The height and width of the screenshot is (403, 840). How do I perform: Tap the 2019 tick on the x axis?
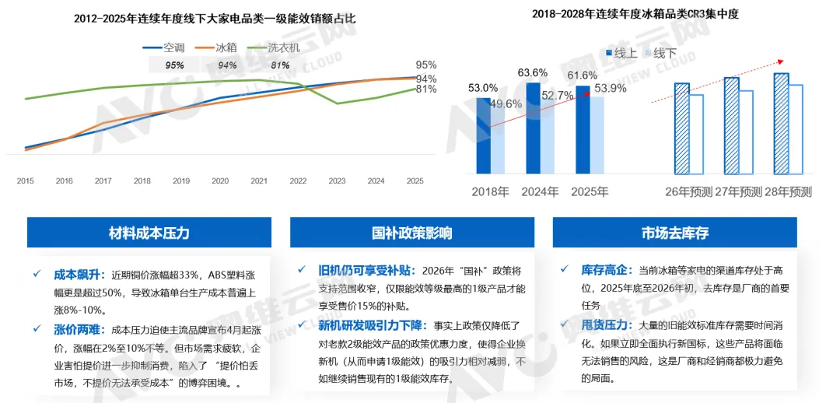(x=181, y=181)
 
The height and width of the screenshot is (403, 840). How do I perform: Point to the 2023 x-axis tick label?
(x=337, y=181)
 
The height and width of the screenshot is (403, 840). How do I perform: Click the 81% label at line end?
(x=425, y=89)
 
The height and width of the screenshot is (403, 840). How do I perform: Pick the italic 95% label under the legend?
(x=175, y=65)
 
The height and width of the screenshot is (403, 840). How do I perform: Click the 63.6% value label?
(x=532, y=73)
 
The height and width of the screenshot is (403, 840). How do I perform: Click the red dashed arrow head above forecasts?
(x=782, y=61)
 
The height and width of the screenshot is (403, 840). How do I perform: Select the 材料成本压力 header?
(x=149, y=233)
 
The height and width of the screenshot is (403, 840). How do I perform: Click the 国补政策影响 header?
(x=412, y=233)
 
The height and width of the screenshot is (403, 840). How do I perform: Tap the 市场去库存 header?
(x=674, y=233)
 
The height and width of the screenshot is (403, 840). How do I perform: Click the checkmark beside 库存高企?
(x=564, y=270)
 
